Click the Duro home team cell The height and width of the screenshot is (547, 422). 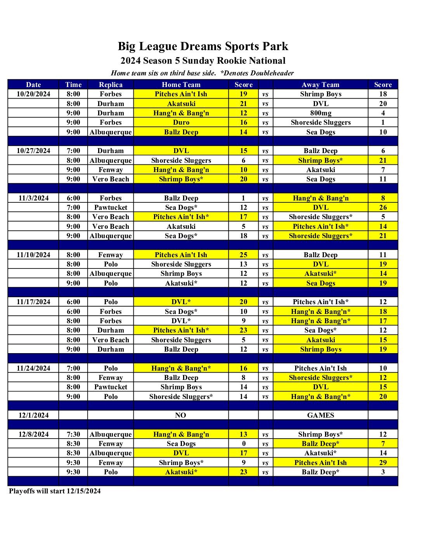[181, 122]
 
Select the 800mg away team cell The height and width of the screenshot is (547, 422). [320, 113]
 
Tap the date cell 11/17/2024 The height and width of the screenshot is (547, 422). [33, 302]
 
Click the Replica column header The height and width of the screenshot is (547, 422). [111, 85]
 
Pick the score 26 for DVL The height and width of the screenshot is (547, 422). [383, 207]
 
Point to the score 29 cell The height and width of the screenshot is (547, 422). [383, 463]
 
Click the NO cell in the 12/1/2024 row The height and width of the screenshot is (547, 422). [181, 415]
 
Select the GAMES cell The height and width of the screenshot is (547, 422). [320, 415]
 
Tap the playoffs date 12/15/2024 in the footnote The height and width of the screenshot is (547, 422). [83, 491]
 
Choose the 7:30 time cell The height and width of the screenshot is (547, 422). [73, 434]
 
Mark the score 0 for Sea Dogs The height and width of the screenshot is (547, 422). [244, 444]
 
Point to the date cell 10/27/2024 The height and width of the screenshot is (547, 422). [33, 151]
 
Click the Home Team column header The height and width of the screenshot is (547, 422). [181, 85]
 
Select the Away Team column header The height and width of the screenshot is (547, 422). [320, 85]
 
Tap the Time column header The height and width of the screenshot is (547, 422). [73, 85]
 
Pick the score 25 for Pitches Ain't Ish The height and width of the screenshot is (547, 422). [244, 255]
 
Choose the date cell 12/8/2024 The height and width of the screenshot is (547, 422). [33, 434]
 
